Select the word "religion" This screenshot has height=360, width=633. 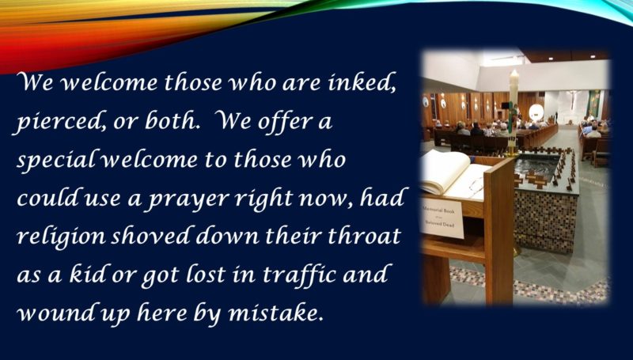tap(61, 237)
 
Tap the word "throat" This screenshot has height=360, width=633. tap(364, 236)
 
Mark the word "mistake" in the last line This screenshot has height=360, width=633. tap(276, 313)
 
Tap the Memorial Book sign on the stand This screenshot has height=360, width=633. tap(442, 217)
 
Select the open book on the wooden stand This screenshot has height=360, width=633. tap(455, 174)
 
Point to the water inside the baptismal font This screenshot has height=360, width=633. tap(538, 166)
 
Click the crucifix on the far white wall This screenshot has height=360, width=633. tap(571, 96)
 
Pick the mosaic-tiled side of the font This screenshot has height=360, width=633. tap(544, 222)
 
